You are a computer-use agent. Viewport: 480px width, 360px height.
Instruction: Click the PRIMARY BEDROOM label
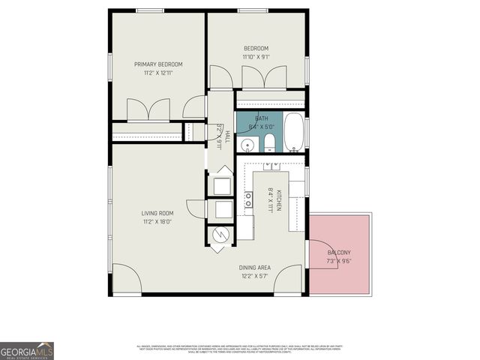158,64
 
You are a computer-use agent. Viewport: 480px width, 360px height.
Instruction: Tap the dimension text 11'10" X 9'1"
255,57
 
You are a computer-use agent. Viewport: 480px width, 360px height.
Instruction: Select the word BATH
261,118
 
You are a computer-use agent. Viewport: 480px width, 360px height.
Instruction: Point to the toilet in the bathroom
268,143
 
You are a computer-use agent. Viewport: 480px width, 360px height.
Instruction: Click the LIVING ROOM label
157,213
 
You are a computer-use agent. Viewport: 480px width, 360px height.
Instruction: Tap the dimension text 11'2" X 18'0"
157,222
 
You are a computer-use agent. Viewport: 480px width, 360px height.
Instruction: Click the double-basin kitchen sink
248,199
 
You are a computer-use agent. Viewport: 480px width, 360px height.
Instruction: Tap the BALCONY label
338,253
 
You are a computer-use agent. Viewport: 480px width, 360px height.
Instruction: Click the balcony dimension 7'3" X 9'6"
338,262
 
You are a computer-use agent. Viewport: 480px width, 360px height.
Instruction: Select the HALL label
227,135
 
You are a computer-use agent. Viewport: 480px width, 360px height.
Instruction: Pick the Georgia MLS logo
27,350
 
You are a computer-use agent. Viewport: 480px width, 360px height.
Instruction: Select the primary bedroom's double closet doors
148,109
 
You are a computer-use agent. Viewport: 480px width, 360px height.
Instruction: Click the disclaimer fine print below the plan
238,349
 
